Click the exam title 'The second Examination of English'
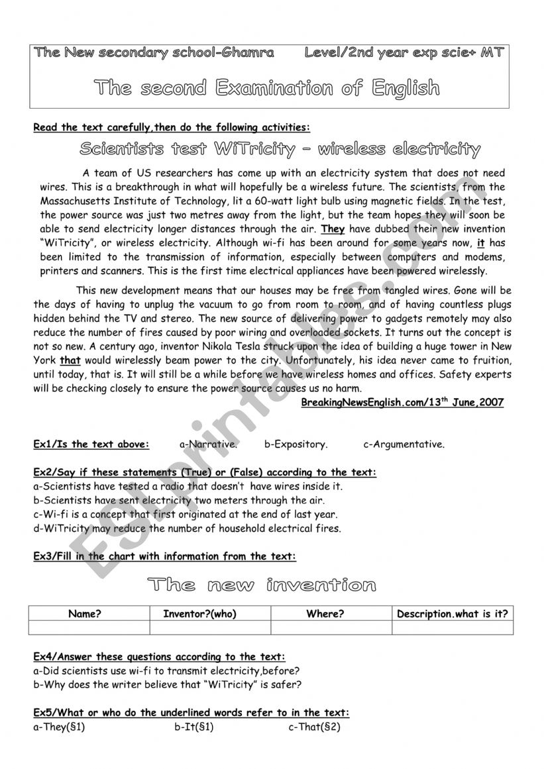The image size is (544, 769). (x=266, y=88)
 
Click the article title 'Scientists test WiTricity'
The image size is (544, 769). (x=279, y=149)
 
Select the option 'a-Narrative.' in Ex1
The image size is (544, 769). (x=208, y=444)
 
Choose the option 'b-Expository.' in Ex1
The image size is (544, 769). (x=296, y=444)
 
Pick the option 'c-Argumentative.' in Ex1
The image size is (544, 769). (x=404, y=444)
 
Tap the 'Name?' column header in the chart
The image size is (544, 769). (x=85, y=614)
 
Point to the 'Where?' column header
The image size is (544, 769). (x=325, y=614)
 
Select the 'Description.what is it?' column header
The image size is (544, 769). (x=452, y=614)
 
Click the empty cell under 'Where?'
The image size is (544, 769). (x=331, y=627)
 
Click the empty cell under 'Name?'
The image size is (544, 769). (x=89, y=627)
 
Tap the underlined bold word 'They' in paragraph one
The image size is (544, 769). (x=333, y=230)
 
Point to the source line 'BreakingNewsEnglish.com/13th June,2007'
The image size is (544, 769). (x=402, y=402)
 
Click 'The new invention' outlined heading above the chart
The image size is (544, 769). (x=261, y=585)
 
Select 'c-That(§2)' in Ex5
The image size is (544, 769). (x=314, y=727)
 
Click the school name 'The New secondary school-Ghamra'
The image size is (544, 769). (x=154, y=54)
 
